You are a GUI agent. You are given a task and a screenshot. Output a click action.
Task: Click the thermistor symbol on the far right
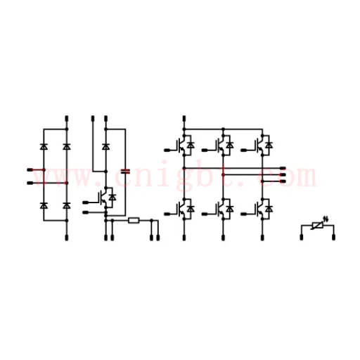(318, 226)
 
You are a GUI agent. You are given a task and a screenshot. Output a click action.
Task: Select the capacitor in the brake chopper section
(125, 172)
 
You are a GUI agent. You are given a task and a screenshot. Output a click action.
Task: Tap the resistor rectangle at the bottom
(134, 220)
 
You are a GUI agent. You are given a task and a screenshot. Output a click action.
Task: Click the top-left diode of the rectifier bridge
(44, 147)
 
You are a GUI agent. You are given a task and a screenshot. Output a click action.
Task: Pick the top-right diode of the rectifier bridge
(67, 147)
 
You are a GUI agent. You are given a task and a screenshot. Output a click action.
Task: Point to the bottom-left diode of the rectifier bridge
(44, 205)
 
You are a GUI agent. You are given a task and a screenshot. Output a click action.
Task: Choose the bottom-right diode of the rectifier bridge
(67, 205)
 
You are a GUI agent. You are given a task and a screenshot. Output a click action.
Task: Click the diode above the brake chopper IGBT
(105, 147)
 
